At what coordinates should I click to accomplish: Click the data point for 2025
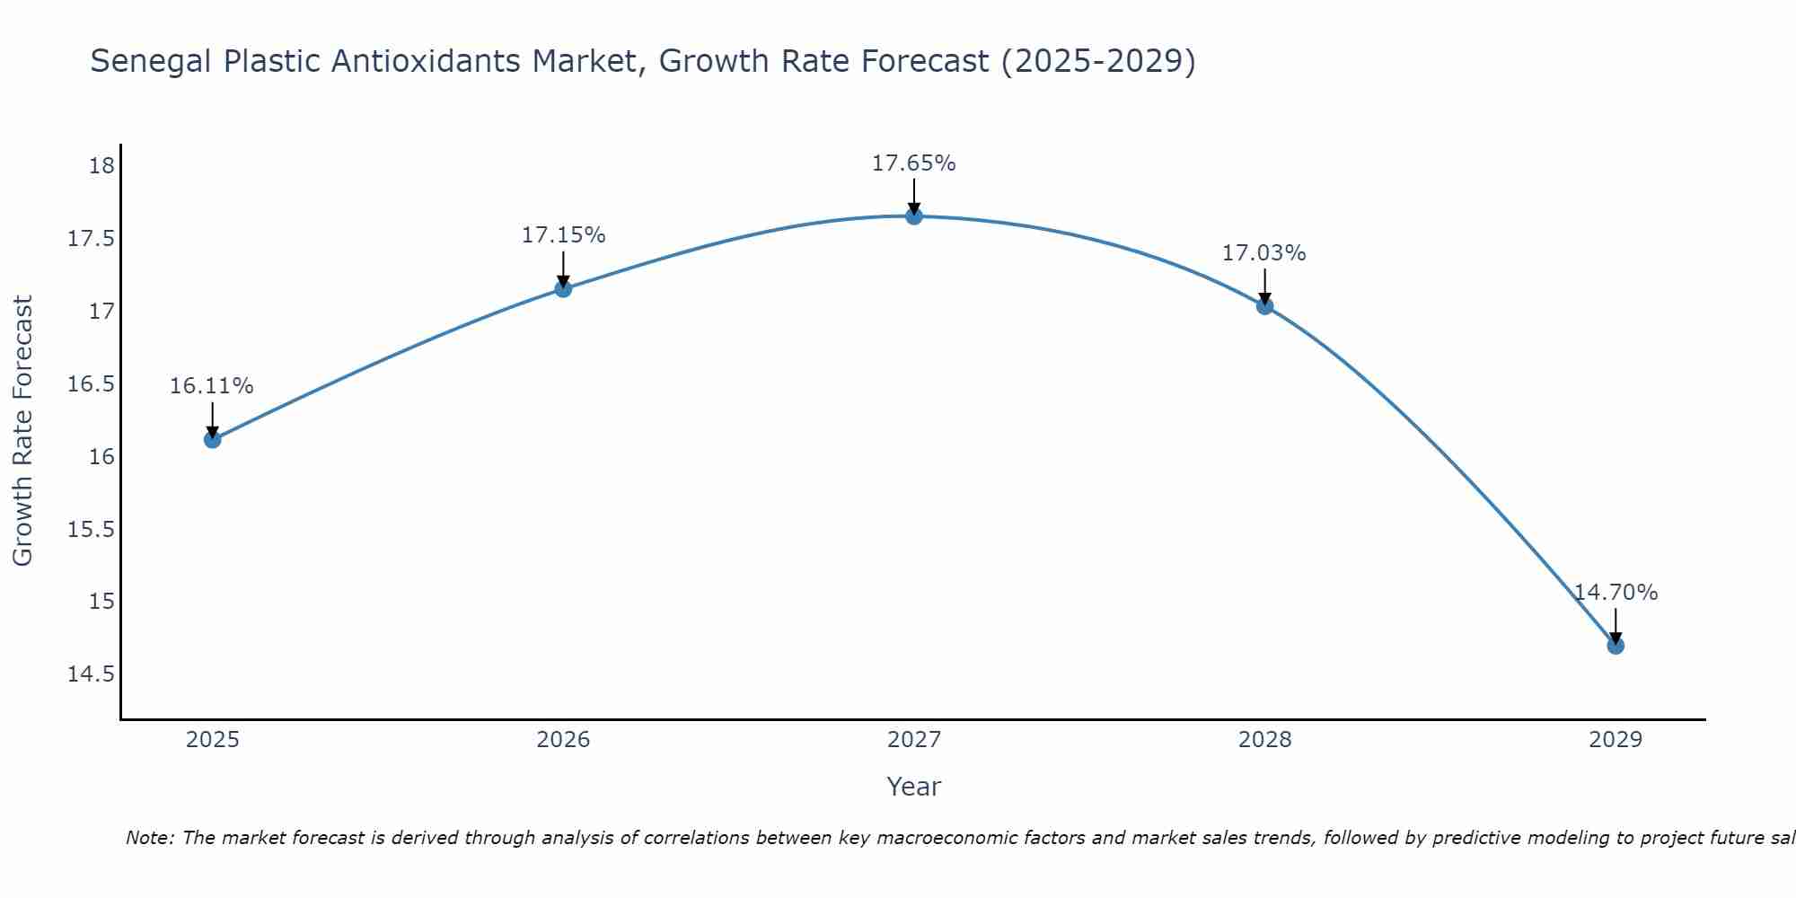[213, 439]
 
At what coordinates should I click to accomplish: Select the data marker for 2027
[914, 216]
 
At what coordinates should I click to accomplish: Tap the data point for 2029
[1616, 646]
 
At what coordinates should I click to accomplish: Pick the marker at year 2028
[1264, 306]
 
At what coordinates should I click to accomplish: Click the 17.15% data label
[563, 235]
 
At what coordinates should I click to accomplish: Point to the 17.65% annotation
[913, 163]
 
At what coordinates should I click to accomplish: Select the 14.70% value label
[1616, 593]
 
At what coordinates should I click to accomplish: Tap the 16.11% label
[212, 386]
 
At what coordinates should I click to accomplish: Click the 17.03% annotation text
[1263, 253]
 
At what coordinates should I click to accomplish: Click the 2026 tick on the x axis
[563, 740]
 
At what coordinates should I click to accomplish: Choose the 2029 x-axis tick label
[1616, 740]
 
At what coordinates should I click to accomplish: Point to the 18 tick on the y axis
[101, 166]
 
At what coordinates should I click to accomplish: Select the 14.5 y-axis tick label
[92, 673]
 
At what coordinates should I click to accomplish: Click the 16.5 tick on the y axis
[92, 384]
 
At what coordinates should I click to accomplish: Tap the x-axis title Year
[913, 787]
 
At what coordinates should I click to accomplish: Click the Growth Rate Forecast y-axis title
[22, 431]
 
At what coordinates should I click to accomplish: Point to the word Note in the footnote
[151, 838]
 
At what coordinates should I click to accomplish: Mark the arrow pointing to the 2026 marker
[563, 269]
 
